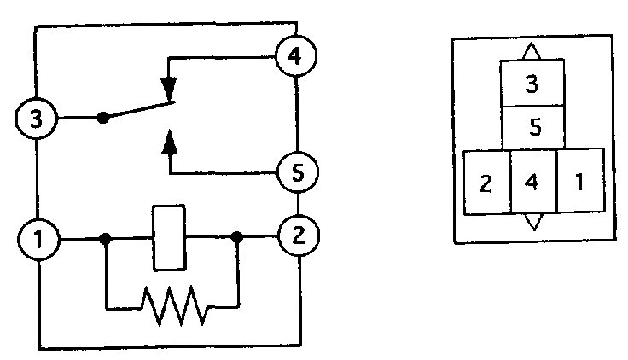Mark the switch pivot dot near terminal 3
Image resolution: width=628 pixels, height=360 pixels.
pyautogui.click(x=103, y=117)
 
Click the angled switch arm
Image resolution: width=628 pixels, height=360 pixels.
pyautogui.click(x=138, y=111)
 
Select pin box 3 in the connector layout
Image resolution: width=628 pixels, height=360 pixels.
pyautogui.click(x=532, y=84)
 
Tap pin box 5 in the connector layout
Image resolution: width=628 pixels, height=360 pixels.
pyautogui.click(x=532, y=128)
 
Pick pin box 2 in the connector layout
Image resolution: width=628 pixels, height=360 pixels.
pyautogui.click(x=486, y=183)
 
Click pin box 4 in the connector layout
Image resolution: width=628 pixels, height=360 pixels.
pyautogui.click(x=532, y=183)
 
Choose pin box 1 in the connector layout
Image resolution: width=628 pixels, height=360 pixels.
pyautogui.click(x=580, y=183)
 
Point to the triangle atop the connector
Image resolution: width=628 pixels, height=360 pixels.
pyautogui.click(x=532, y=52)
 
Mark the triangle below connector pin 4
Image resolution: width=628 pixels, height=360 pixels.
pyautogui.click(x=532, y=222)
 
